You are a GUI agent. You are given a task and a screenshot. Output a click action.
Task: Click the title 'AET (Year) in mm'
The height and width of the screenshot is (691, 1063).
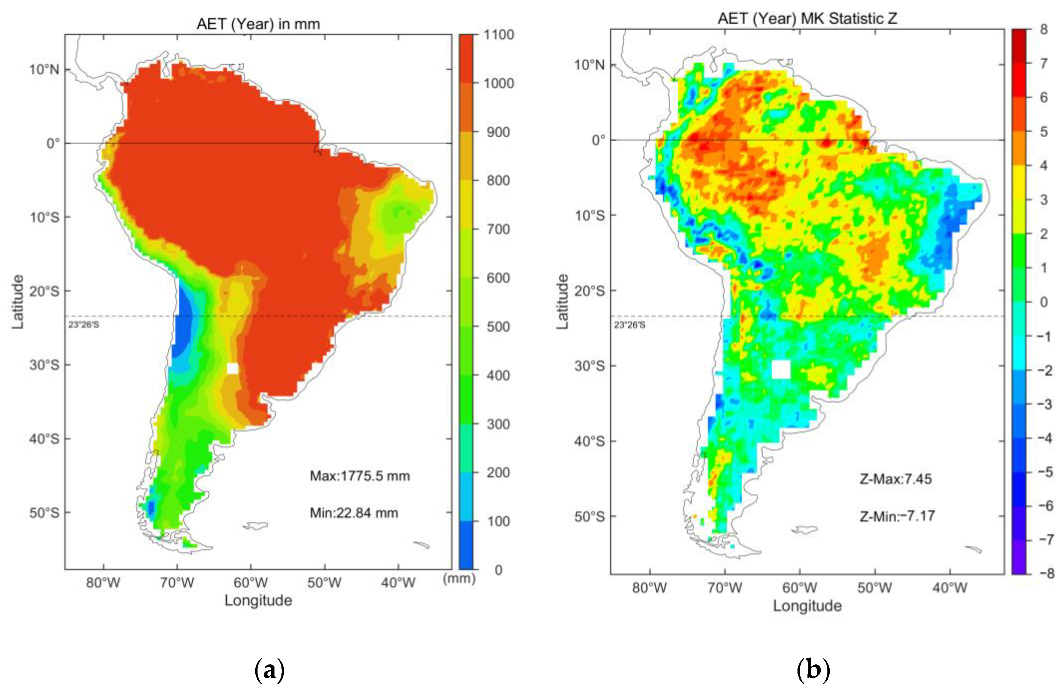coord(258,24)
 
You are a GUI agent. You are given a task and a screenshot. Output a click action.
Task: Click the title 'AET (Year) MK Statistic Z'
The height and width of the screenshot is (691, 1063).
coord(807,18)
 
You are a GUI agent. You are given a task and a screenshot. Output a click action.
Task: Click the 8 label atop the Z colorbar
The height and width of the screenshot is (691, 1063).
coord(1044,30)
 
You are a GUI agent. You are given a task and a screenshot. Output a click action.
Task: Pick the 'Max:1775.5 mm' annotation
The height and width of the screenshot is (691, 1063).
coord(360,476)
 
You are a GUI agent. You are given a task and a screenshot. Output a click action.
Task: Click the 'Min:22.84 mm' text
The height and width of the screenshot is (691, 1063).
coord(354,513)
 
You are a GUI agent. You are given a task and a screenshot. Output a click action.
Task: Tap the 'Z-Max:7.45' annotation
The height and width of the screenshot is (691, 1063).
coord(896,479)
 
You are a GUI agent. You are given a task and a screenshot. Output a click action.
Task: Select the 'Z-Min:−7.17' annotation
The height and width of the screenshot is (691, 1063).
coord(897,516)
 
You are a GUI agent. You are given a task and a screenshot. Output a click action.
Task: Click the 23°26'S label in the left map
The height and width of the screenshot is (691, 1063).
coord(83,325)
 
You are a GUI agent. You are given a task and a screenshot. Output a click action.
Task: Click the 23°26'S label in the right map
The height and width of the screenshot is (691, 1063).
coord(629,325)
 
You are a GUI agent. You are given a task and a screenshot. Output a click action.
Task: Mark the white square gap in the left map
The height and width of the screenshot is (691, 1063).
coord(232,368)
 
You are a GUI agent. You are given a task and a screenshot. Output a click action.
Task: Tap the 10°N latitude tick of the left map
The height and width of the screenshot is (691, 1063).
coord(44,69)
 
